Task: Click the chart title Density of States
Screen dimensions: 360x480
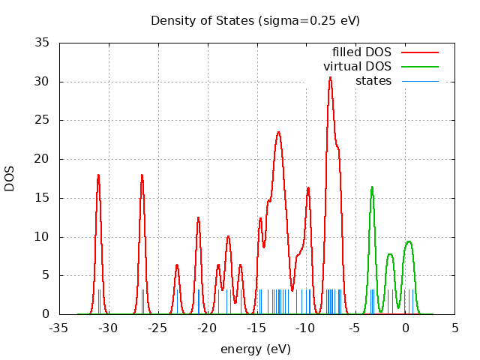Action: click(x=255, y=20)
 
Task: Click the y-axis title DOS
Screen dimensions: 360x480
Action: click(x=10, y=178)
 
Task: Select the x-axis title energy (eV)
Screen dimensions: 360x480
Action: click(x=255, y=349)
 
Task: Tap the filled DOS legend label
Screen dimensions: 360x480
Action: click(x=361, y=52)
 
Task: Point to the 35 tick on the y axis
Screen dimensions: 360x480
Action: click(x=43, y=43)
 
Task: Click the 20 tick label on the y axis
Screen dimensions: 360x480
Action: click(x=43, y=159)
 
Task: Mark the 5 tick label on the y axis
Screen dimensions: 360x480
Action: click(x=46, y=275)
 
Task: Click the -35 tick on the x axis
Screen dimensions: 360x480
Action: click(x=59, y=328)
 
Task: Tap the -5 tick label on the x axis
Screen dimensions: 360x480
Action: click(x=356, y=328)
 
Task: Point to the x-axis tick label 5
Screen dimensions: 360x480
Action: click(x=455, y=328)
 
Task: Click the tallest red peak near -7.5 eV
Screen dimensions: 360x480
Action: click(x=330, y=77)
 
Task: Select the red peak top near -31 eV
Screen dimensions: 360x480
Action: click(x=98, y=175)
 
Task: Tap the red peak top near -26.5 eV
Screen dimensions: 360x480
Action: click(x=142, y=175)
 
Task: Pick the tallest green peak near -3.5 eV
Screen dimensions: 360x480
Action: click(x=372, y=187)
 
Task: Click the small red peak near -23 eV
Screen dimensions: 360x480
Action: click(x=177, y=265)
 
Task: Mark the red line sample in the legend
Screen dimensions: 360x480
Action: click(x=420, y=52)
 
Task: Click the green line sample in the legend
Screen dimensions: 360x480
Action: click(x=420, y=66)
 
